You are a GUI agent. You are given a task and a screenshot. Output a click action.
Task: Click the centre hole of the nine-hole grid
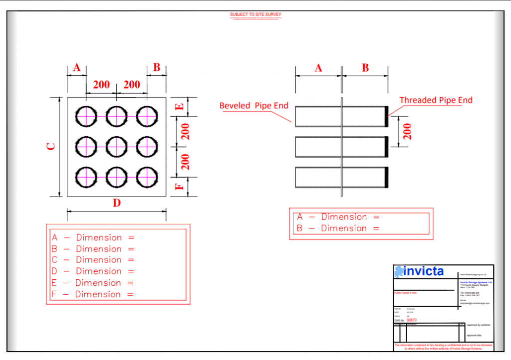116,147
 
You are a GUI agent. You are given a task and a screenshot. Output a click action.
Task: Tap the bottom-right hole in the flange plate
147,178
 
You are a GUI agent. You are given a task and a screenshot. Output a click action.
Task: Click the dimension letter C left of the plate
51,147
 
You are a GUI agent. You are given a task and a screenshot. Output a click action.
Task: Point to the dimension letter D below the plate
117,203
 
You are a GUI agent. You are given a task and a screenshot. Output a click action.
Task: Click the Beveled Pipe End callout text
254,105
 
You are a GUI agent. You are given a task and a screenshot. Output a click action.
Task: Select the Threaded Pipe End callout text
436,100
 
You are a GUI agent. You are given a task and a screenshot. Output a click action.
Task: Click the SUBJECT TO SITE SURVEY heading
255,14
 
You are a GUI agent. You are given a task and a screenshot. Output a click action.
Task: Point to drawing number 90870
412,320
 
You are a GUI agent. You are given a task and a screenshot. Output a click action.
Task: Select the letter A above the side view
318,68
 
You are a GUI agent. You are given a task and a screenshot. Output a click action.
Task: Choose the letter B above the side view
365,68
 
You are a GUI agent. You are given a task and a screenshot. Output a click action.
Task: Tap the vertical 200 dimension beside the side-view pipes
407,132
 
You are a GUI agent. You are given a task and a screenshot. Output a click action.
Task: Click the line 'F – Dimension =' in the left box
93,294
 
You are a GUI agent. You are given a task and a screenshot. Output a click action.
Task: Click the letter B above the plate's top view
157,67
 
